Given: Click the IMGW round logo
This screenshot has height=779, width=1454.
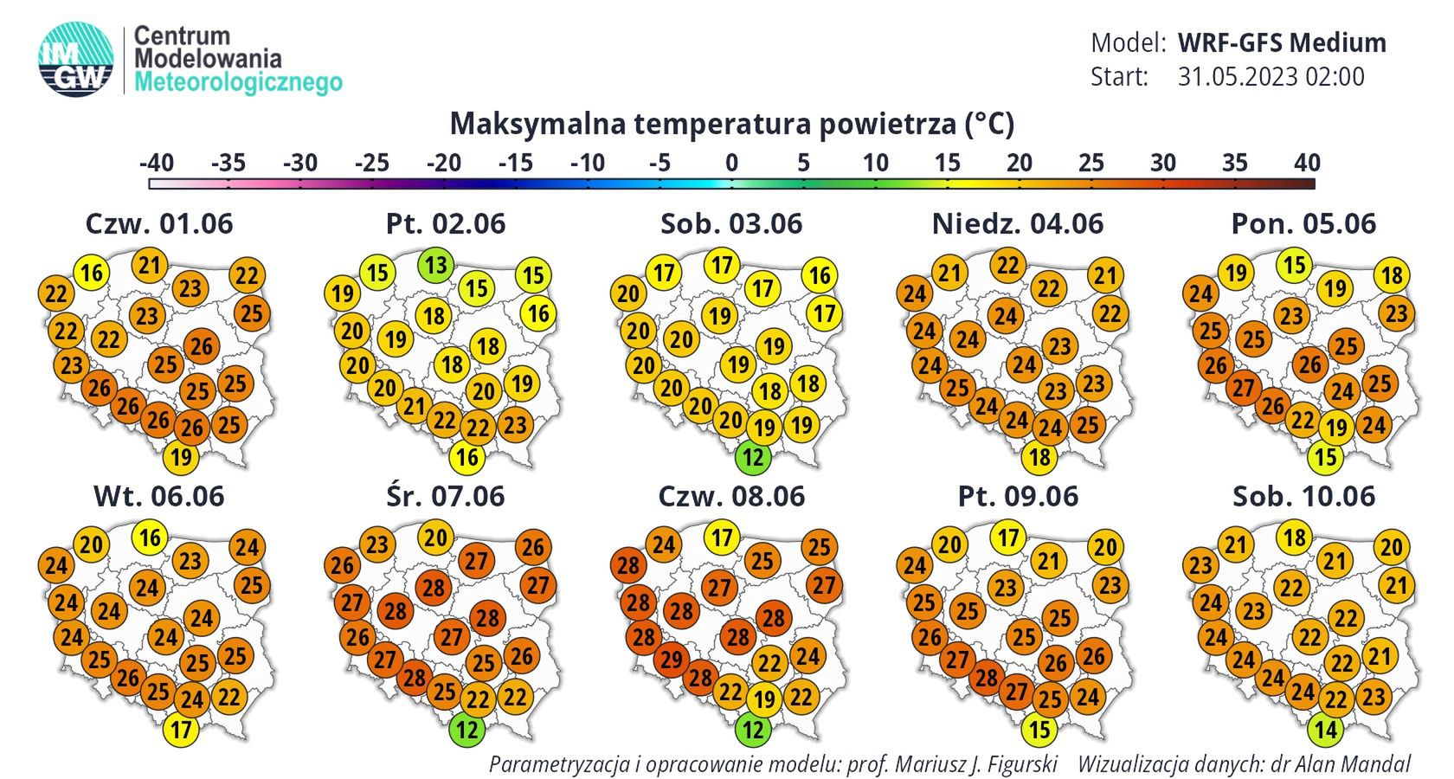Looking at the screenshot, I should [76, 58].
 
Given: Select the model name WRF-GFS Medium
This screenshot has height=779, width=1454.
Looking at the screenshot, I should [1282, 42].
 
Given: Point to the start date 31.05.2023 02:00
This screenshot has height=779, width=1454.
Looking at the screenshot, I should [1271, 77].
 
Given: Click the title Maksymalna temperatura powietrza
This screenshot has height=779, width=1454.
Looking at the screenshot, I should [731, 124].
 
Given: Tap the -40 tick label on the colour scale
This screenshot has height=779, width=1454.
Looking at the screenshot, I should [157, 163].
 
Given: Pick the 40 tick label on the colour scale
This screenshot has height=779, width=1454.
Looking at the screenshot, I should [1307, 163].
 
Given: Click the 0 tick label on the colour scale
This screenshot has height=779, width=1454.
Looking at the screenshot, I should [732, 163].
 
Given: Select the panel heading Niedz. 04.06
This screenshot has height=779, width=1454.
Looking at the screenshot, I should [1018, 224].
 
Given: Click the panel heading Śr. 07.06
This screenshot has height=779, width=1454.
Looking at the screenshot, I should [445, 496].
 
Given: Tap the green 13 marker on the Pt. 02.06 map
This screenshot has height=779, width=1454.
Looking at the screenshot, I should [436, 264].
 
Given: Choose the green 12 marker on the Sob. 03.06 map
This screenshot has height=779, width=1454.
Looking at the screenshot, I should [753, 457].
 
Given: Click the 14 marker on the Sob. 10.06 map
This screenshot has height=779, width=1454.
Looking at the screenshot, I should [1326, 730].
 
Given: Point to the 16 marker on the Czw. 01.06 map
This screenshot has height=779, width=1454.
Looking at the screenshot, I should [91, 273].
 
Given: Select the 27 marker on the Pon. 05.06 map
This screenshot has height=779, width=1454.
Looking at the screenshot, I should [1243, 387].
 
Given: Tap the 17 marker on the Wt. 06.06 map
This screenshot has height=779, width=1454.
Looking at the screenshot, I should [180, 730].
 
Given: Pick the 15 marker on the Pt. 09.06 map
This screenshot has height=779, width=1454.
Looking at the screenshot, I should [1039, 730].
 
